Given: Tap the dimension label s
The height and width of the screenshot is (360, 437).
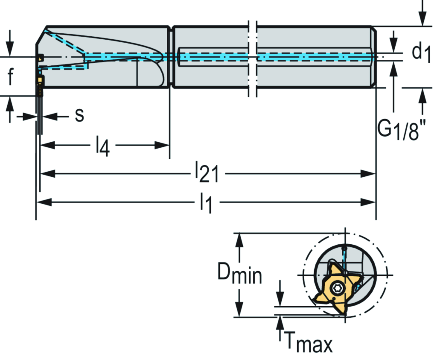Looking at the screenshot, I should [x=79, y=115].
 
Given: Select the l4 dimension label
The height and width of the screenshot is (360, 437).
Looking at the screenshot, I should [x=102, y=146].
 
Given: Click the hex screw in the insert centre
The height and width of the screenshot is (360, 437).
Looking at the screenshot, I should [x=336, y=289].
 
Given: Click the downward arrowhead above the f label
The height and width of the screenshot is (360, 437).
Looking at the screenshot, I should [x=10, y=49].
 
